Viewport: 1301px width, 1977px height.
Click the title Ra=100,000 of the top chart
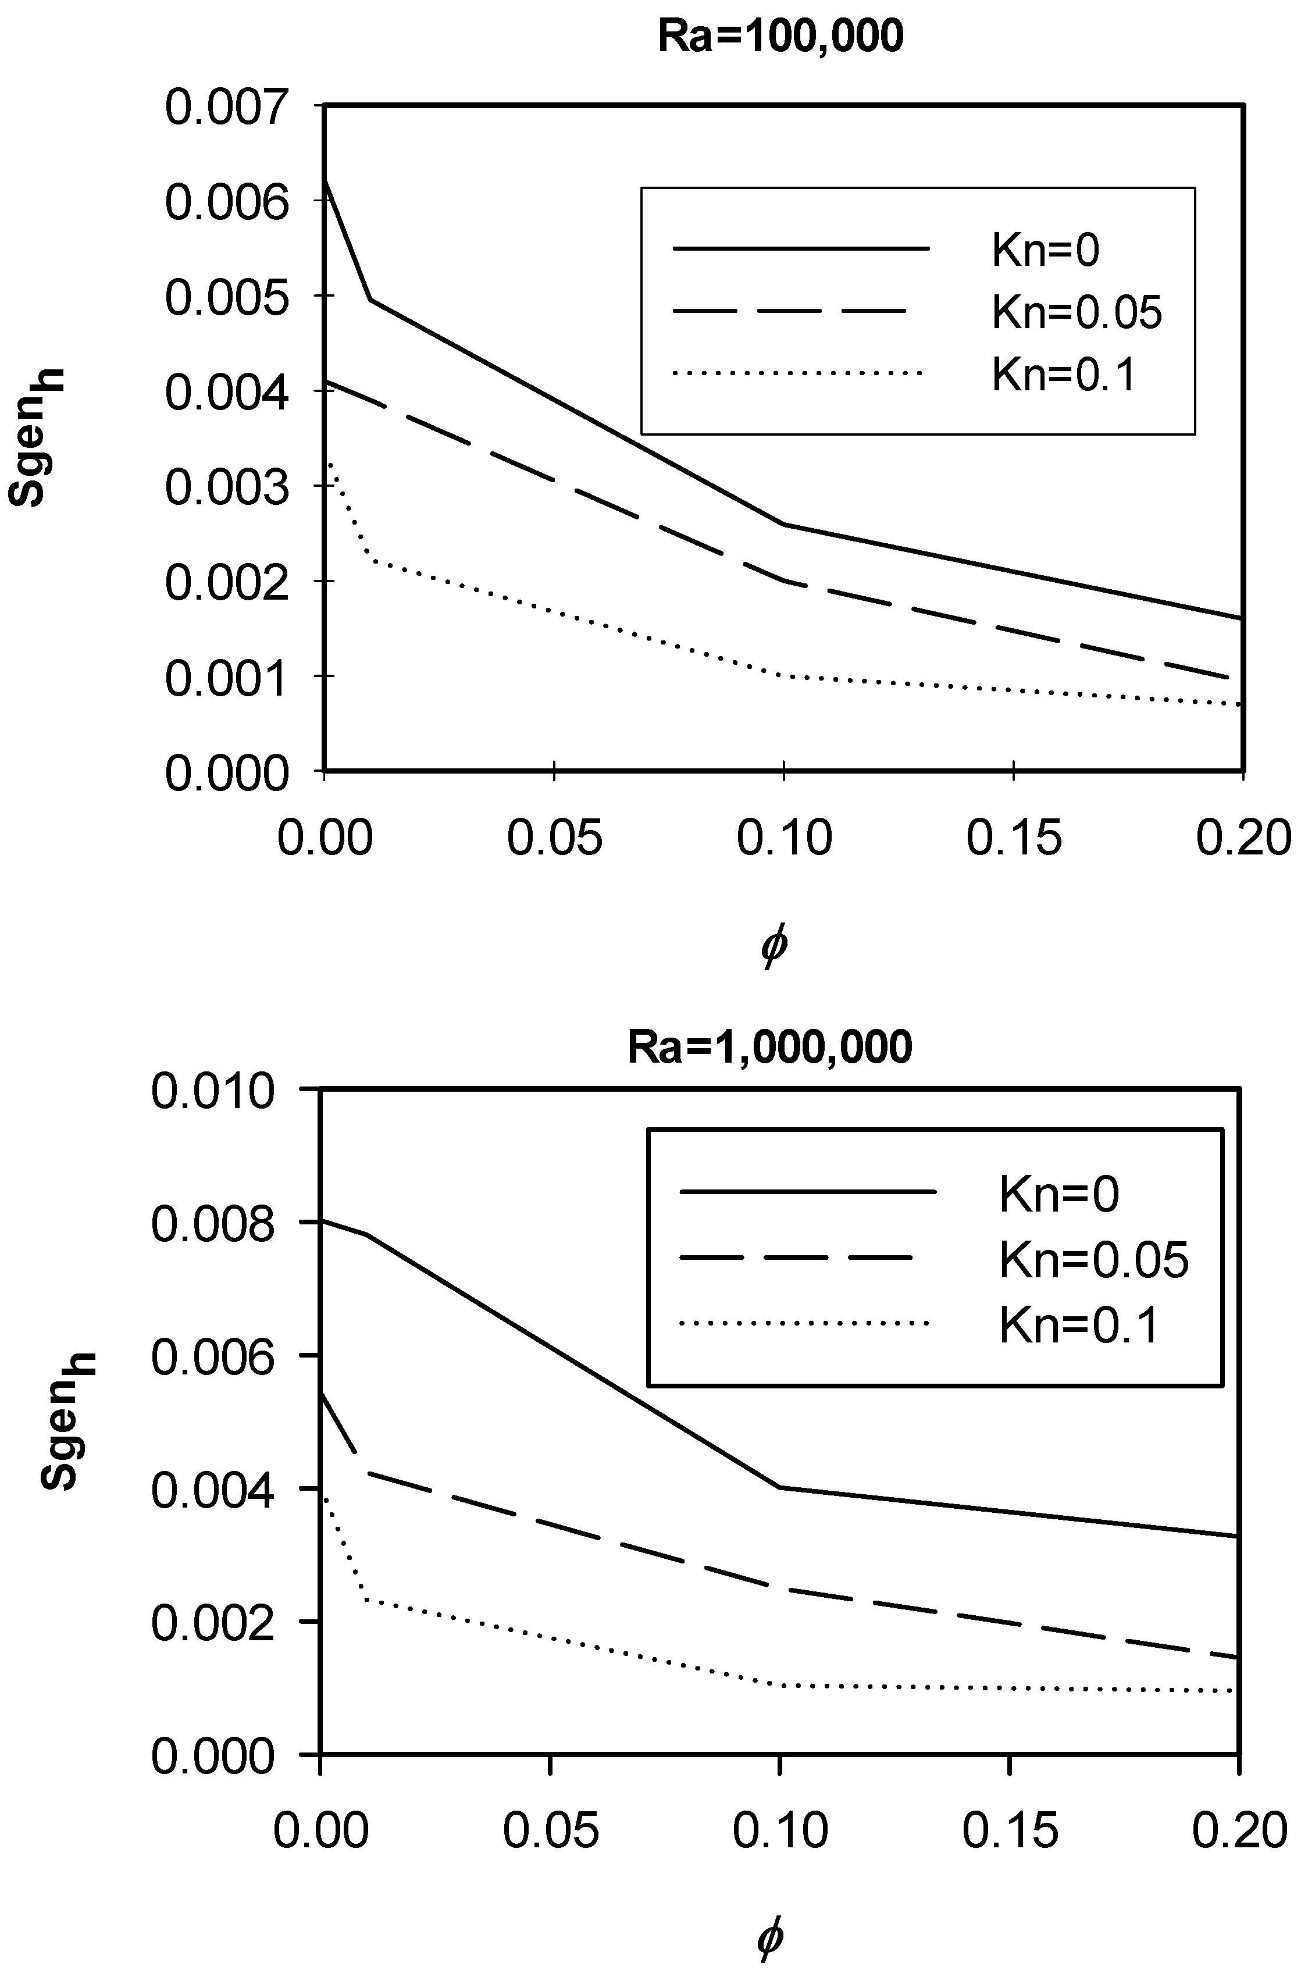780,37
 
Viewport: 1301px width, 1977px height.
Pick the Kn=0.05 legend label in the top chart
1077,312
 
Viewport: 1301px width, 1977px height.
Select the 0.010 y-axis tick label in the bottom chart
213,1091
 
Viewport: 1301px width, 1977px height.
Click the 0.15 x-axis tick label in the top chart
1014,838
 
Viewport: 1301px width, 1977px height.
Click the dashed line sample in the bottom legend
797,1259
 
